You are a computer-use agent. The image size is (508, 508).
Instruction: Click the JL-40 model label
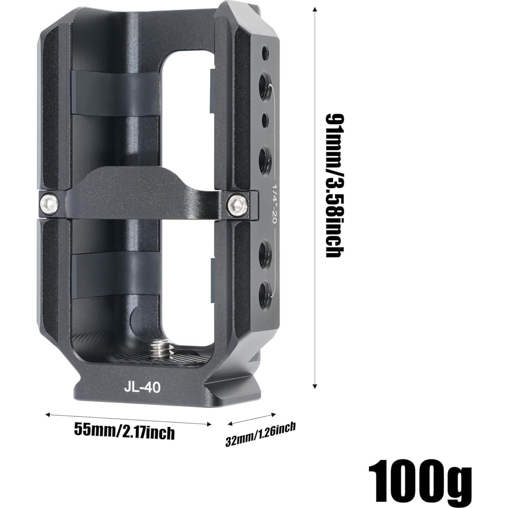point(142,387)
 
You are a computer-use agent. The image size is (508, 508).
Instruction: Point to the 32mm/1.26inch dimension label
point(261,435)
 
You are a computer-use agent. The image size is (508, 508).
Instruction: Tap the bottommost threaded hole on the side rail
point(265,291)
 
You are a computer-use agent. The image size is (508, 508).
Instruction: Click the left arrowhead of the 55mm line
point(48,414)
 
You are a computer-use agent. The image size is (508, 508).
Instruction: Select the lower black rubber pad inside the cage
point(115,275)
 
